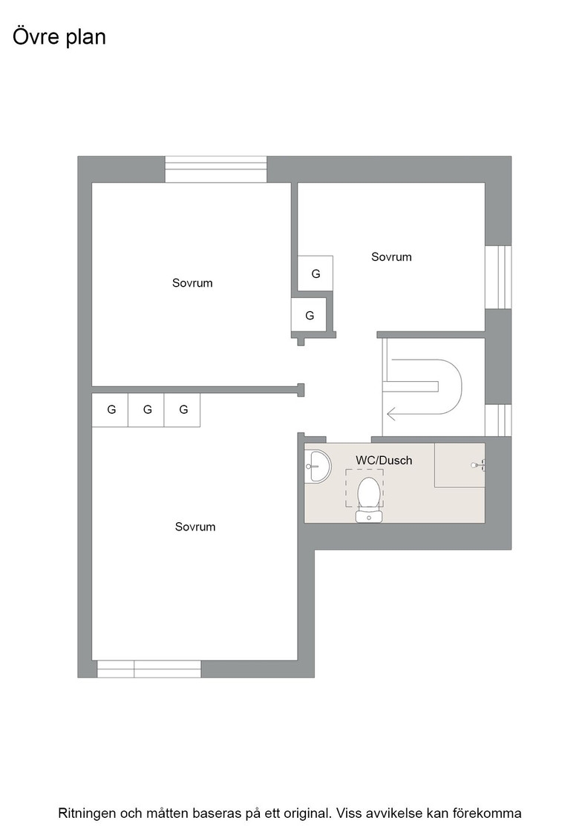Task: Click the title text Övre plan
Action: [x=59, y=38]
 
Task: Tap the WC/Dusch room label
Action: [x=384, y=461]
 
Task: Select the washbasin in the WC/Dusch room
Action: [x=318, y=467]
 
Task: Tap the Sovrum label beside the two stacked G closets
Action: [x=391, y=257]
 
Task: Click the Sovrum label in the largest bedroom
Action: [x=195, y=527]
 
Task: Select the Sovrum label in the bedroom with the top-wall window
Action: [x=192, y=283]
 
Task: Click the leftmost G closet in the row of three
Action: [x=111, y=409]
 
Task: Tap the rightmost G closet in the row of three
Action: [x=183, y=409]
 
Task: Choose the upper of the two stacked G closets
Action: [x=316, y=273]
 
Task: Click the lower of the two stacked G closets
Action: [x=309, y=315]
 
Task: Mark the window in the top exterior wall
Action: [x=216, y=169]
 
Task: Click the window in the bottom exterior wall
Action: [x=149, y=669]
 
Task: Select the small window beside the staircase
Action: [x=498, y=420]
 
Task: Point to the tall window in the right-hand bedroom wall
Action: [x=498, y=277]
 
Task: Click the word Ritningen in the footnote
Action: [x=86, y=813]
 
